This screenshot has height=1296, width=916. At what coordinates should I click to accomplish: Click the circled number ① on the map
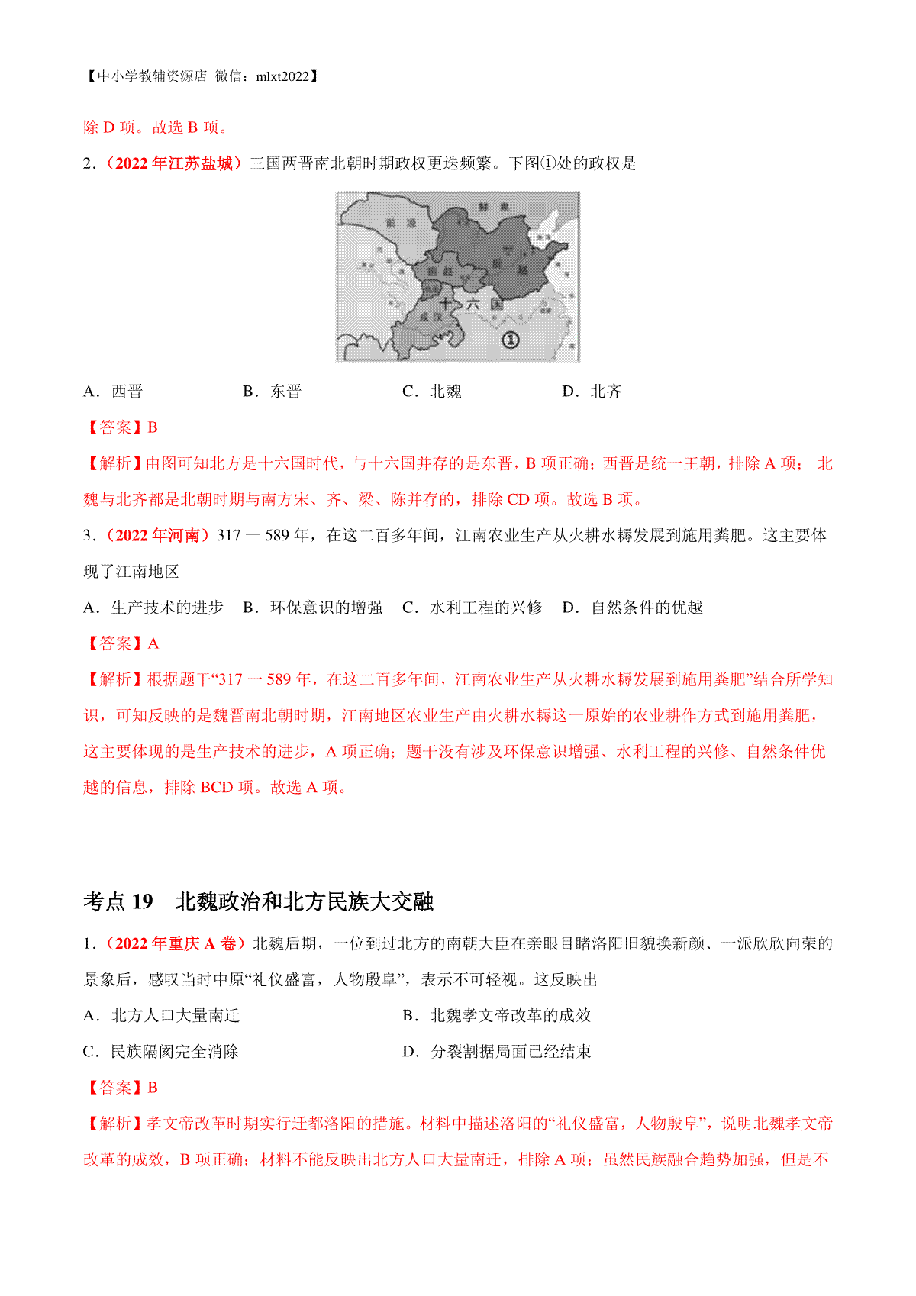point(510,340)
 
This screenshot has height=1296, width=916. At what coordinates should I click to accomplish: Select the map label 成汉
point(431,315)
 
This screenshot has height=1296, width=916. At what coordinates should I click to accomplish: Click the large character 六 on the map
point(473,304)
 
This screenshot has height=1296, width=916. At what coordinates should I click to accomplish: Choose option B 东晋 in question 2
point(273,392)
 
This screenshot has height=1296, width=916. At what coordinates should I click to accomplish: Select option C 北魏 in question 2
point(432,392)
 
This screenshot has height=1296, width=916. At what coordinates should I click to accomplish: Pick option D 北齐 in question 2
point(592,392)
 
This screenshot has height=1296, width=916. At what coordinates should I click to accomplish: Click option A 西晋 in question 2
point(113,392)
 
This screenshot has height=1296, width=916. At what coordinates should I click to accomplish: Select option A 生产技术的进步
point(153,608)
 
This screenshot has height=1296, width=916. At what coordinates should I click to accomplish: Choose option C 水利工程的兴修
point(473,608)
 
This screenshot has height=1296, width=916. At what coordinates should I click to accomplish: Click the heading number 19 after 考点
point(143,901)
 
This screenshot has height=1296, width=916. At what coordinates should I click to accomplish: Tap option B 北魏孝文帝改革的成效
point(496,1015)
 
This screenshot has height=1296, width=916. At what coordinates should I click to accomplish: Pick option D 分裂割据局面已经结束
point(496,1052)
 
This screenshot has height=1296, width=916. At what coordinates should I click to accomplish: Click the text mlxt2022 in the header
point(282,76)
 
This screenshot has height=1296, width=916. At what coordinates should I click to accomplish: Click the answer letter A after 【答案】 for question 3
point(153,644)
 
